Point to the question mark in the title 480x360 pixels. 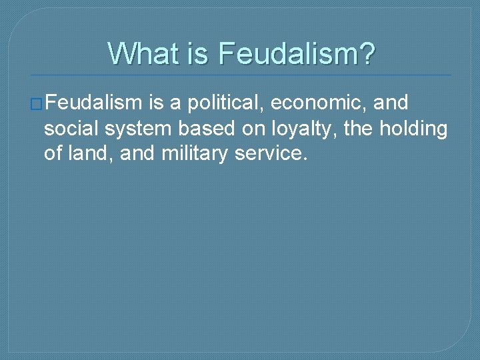click(367, 53)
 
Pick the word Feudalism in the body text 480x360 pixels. click(94, 103)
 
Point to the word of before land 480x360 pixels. click(53, 154)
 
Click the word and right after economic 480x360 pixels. click(393, 103)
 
